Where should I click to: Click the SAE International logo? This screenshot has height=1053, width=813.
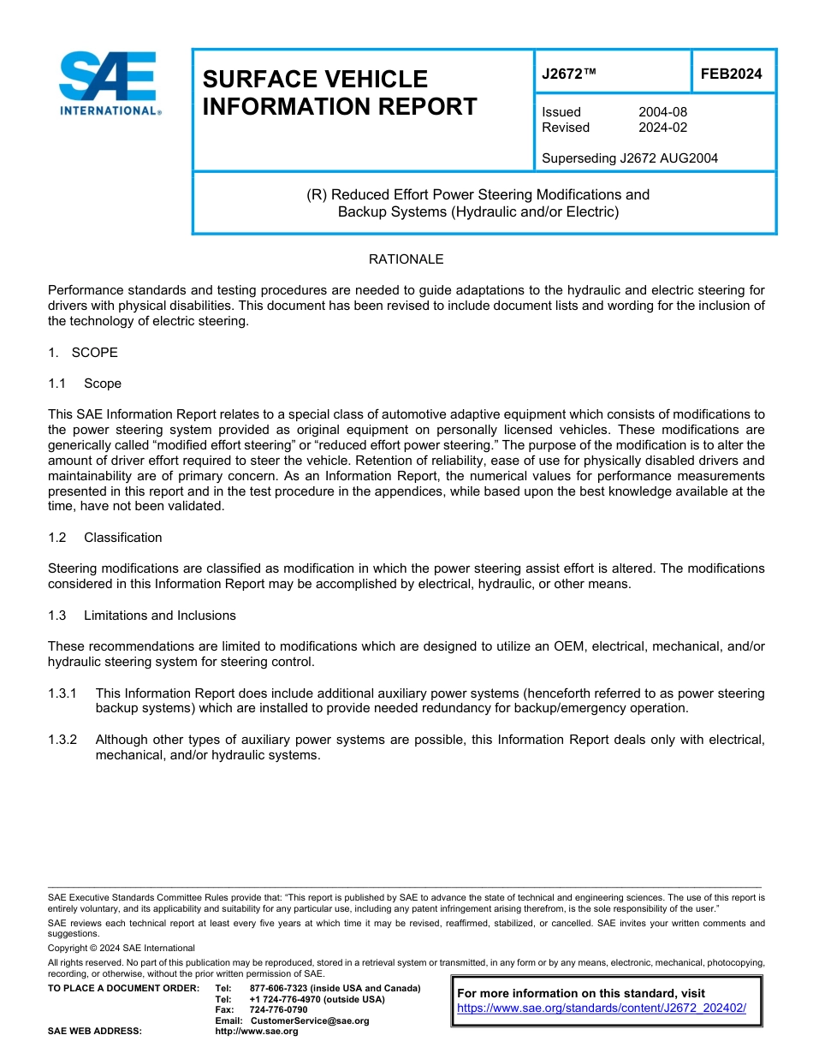108,83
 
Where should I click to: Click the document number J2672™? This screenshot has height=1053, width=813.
569,74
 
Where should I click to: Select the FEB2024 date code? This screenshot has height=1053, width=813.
731,74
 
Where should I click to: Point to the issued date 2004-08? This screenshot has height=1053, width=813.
662,112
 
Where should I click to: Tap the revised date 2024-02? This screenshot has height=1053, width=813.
662,128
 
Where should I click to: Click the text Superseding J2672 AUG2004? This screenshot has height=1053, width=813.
630,158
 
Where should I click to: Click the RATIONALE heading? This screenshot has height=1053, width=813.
406,259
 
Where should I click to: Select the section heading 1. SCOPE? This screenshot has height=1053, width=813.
83,353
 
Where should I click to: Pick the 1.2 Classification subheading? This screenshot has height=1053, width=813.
105,538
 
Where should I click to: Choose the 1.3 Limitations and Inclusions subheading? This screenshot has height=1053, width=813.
142,616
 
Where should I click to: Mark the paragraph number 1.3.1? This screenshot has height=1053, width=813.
63,693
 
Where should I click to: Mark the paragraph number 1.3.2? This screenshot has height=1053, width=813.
63,740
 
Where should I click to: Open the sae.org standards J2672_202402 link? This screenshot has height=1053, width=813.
601,1008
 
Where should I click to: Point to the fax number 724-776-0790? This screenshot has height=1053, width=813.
278,1010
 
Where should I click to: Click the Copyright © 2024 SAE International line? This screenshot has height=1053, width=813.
122,949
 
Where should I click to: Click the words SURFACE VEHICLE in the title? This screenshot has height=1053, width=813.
315,79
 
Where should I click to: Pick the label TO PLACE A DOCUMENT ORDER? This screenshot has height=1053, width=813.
123,988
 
